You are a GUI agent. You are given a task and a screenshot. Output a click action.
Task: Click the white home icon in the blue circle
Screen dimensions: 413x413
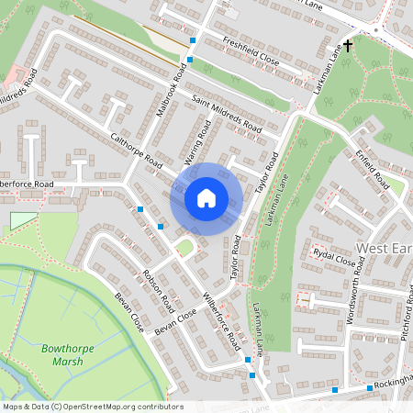pos(206,198)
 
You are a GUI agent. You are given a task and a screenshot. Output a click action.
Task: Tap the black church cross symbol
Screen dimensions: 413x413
pos(348,45)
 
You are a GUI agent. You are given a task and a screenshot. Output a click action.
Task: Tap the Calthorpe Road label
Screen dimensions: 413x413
pos(136,151)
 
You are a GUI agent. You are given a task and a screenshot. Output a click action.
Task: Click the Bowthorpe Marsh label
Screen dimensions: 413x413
pos(61,354)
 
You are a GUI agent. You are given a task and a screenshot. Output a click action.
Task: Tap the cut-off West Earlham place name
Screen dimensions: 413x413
pos(384,248)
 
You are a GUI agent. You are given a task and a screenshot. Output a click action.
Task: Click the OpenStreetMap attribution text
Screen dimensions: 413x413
pos(92,407)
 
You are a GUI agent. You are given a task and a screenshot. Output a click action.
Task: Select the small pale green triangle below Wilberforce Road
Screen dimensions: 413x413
pos(22,221)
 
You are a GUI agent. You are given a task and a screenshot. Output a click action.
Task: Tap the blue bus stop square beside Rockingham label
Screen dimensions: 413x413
pos(334,390)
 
